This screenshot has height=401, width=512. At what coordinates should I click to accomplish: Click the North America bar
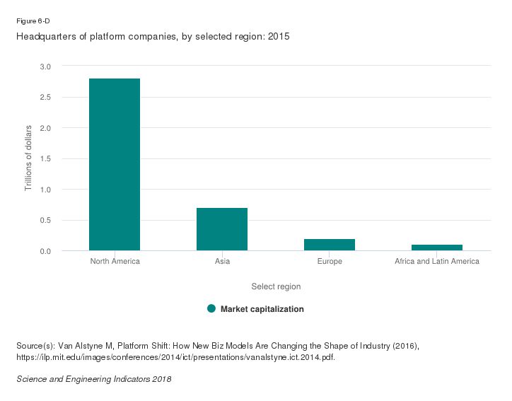[115, 164]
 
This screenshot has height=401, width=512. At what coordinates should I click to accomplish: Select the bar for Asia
[222, 229]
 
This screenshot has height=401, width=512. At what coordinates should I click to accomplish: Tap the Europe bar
[330, 245]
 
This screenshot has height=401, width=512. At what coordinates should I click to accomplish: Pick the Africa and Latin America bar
[437, 248]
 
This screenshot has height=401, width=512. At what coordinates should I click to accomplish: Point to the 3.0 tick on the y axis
[45, 66]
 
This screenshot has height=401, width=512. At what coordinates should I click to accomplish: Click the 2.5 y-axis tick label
[45, 97]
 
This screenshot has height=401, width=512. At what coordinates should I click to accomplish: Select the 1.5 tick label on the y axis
[45, 159]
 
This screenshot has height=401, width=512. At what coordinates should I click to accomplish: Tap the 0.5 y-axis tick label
[45, 221]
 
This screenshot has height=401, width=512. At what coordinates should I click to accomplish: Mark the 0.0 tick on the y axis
[45, 252]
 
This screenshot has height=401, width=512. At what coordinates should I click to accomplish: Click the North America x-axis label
[115, 262]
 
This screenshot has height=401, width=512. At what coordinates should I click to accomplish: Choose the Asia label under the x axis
[222, 262]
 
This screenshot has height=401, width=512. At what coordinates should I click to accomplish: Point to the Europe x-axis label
[330, 262]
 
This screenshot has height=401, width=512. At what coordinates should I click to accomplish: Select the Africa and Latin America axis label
[437, 262]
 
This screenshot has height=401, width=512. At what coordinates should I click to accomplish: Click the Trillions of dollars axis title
[29, 158]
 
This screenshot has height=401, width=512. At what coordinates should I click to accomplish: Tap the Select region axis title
[276, 286]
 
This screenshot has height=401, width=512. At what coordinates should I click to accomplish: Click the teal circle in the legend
[211, 309]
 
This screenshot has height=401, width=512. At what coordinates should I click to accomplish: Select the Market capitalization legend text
[262, 309]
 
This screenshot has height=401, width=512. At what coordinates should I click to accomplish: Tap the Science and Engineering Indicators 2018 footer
[93, 379]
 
